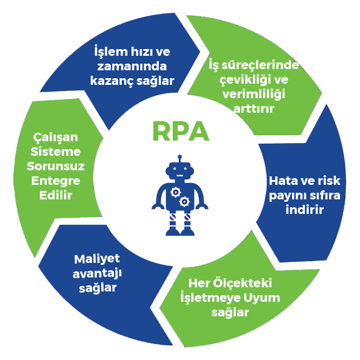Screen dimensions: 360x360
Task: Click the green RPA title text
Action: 181,132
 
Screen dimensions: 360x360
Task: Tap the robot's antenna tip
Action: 180,156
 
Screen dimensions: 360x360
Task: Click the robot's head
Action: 180,171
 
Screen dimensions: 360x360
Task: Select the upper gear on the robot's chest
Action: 176,192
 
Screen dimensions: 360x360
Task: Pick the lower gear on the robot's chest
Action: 184,202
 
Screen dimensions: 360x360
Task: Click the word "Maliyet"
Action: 97,259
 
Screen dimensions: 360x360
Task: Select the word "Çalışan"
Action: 56,138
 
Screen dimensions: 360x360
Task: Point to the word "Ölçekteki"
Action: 242,283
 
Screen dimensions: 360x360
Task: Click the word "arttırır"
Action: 254,109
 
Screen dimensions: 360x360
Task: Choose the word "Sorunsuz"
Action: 56,166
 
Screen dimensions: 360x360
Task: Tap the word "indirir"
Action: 305,210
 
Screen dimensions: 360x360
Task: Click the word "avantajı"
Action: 97,274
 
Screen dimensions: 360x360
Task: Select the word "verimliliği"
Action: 254,95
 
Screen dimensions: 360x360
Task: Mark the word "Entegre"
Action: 56,181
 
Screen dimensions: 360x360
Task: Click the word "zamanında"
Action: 132,66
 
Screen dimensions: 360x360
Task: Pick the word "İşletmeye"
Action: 210,298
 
